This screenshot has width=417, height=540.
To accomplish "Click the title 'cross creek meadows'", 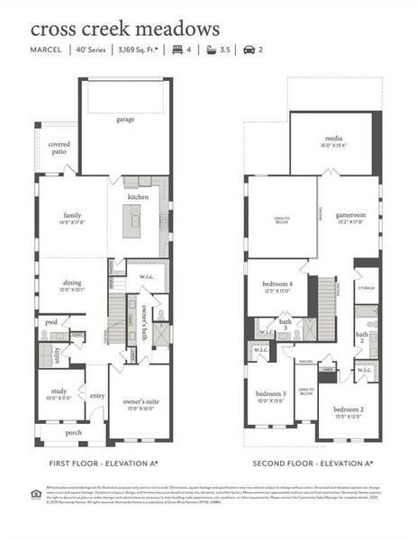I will point(125,31).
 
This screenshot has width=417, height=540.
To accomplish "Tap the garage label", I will point(125,119).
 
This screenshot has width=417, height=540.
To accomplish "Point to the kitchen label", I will point(138,196).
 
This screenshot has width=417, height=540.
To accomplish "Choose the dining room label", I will point(72,283).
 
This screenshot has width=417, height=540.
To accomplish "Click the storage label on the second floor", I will point(367,288).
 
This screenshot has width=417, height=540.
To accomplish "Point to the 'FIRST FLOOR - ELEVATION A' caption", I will point(104,463).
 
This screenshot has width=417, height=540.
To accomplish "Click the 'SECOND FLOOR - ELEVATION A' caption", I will point(311,463).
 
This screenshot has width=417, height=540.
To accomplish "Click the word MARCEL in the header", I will point(46,50).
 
